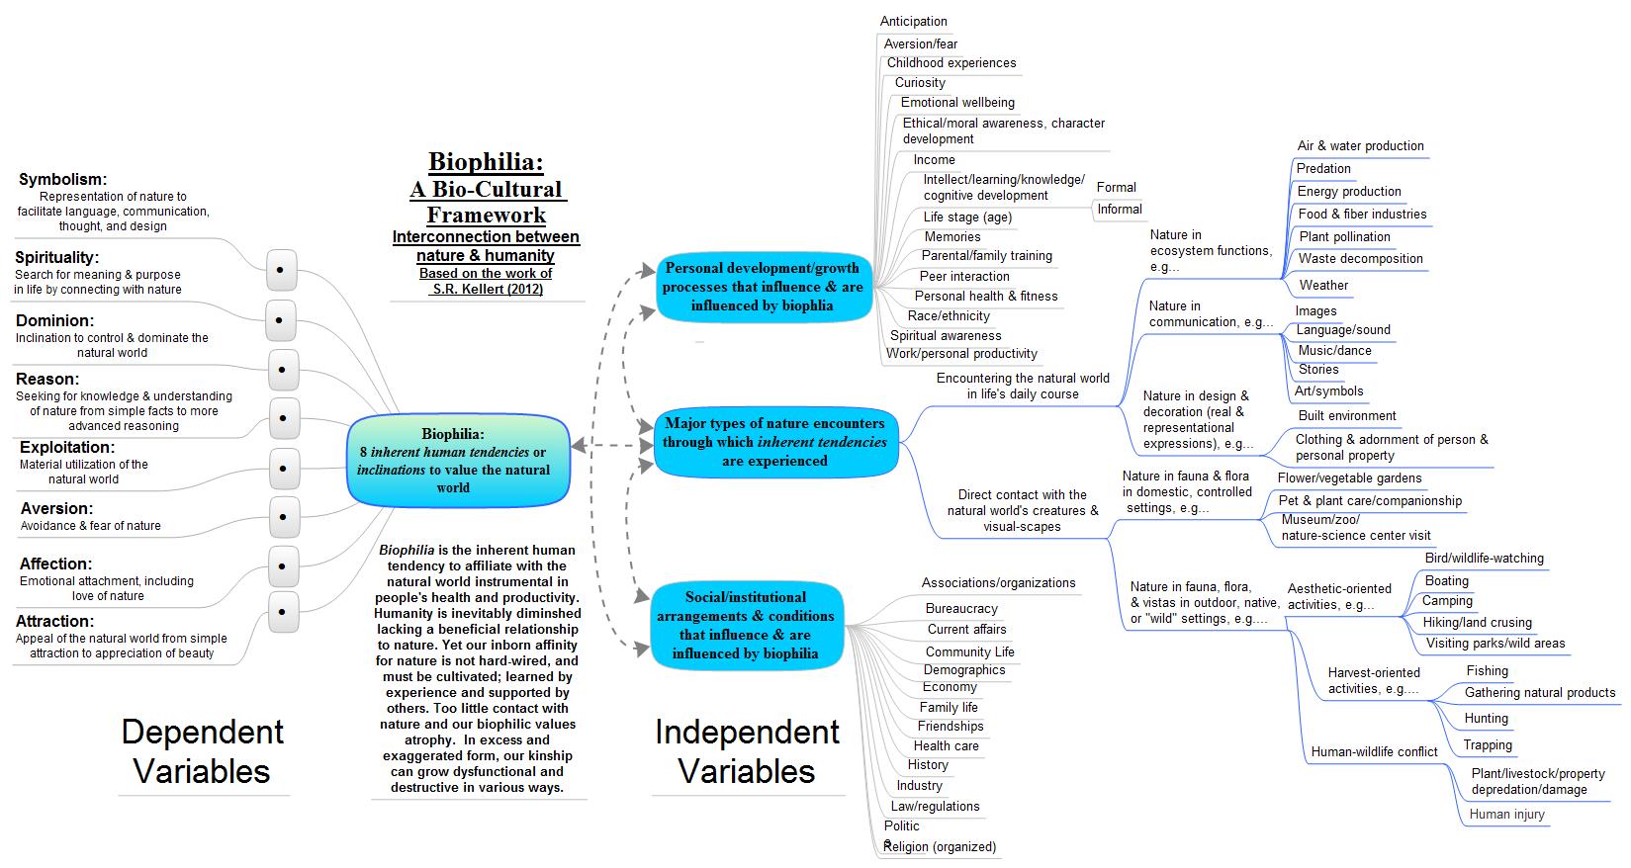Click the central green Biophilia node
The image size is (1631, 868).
[x=458, y=461]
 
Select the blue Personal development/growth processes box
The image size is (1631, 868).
[x=763, y=287]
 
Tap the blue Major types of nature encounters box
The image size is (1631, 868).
[x=774, y=442]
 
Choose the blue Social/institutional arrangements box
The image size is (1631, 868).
[x=745, y=625]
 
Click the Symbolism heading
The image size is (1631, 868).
[x=62, y=179]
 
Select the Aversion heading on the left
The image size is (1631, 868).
[x=56, y=508]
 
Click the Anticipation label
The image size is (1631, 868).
[x=914, y=22]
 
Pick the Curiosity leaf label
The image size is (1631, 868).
[x=920, y=83]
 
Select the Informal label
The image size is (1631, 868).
[x=1120, y=210]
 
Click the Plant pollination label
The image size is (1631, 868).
[x=1344, y=237]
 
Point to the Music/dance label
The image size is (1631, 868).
[x=1334, y=350]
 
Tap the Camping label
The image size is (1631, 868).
[x=1447, y=601]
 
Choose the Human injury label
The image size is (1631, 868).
[x=1506, y=815]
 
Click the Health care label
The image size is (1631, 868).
[x=946, y=746]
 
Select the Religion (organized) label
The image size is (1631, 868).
[x=941, y=847]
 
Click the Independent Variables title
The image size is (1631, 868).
[x=747, y=751]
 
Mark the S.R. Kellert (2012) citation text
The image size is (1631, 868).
[x=487, y=290]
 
